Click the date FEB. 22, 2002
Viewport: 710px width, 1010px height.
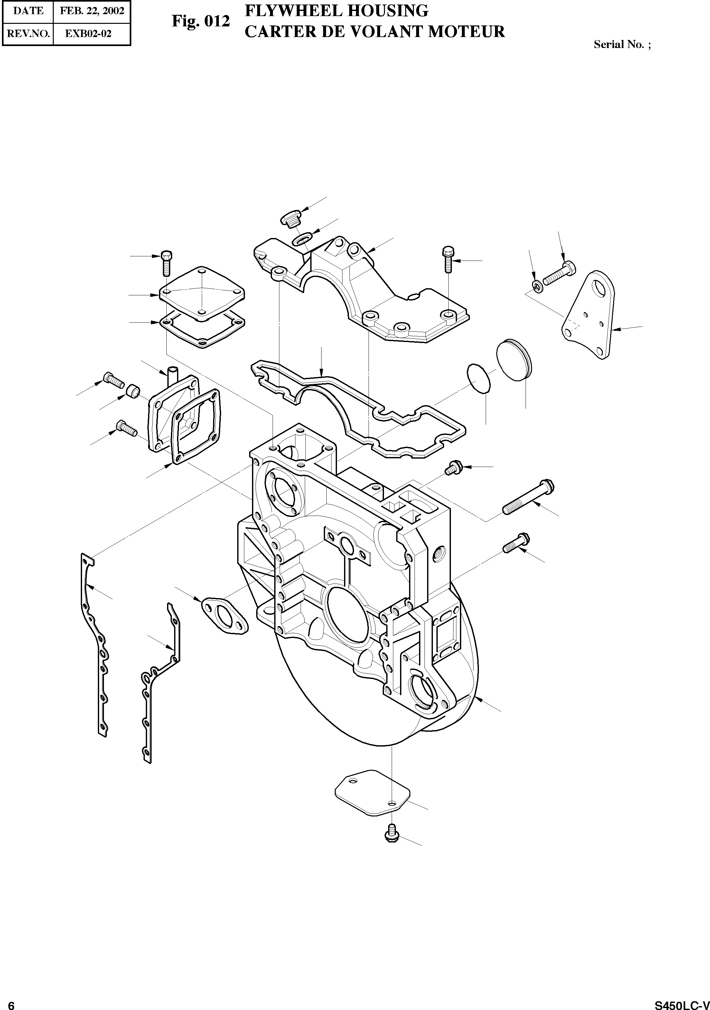(92, 11)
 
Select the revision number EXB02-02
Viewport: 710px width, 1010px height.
(89, 34)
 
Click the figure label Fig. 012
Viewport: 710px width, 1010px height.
(201, 21)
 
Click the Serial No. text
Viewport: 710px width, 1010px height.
(621, 44)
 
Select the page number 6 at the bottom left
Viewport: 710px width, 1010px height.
(12, 1003)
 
